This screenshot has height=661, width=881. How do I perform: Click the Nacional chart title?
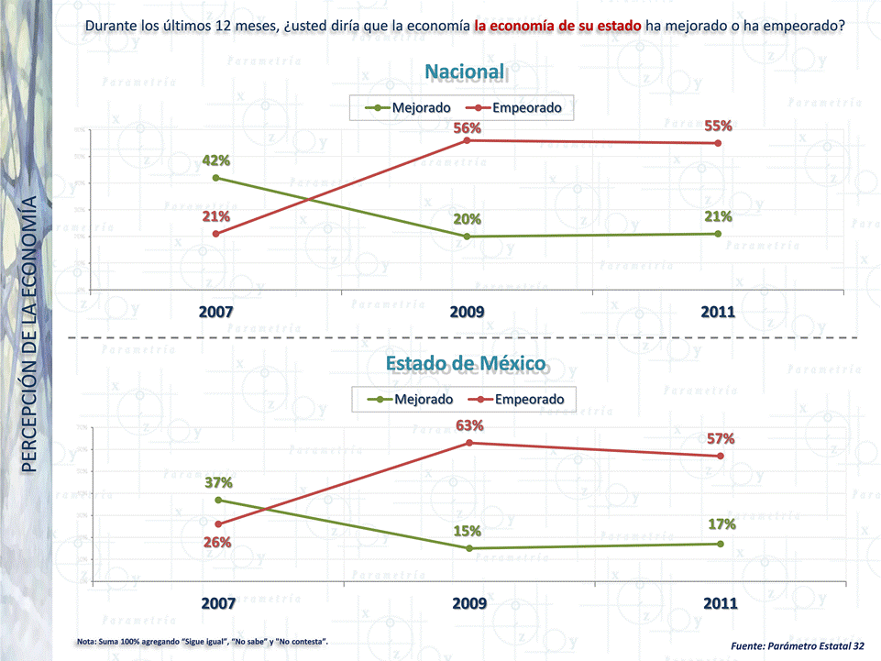click(465, 72)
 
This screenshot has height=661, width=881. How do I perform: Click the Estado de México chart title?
click(468, 364)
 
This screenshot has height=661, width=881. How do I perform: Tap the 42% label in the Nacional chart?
click(216, 161)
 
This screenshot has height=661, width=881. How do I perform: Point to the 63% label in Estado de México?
click(469, 425)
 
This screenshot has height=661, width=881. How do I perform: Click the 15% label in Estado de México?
click(468, 531)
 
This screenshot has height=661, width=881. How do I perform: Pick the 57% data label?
click(721, 439)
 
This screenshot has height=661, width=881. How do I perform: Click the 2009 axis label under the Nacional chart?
click(468, 312)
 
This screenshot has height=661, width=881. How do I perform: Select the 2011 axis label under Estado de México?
click(720, 604)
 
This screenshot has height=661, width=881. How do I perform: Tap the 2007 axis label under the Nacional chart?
click(216, 312)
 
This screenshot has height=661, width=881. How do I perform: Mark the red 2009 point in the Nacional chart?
click(468, 140)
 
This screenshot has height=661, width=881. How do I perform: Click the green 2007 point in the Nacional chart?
click(215, 178)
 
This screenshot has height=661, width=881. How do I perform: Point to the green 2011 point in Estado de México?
click(721, 544)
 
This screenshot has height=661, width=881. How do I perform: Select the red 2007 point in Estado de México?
click(217, 524)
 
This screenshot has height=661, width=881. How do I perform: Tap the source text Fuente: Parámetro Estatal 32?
click(798, 646)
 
